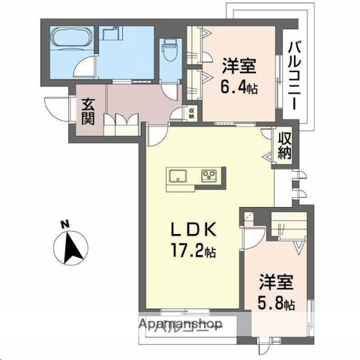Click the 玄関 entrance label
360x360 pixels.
click(x=88, y=110)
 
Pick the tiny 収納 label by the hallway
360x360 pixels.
click(x=192, y=112)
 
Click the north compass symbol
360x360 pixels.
click(x=71, y=247)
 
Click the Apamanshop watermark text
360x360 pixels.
click(x=180, y=325)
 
